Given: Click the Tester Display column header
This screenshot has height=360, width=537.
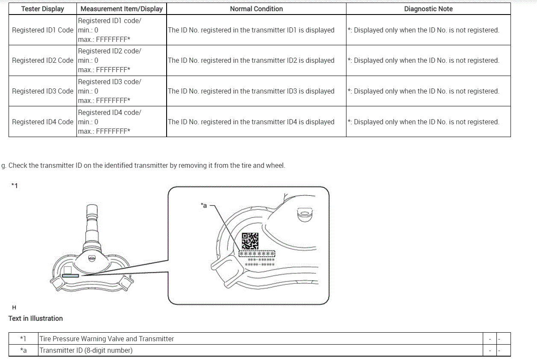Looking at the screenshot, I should (x=43, y=9).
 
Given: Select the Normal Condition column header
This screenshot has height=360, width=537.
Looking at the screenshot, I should (x=256, y=9).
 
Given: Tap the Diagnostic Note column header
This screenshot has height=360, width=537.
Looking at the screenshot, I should (x=428, y=9).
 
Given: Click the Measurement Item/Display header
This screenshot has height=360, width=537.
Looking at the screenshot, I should (x=122, y=9).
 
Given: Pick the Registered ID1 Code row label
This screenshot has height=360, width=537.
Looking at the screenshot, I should (x=43, y=30).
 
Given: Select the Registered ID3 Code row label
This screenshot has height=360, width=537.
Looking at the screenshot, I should (x=43, y=91).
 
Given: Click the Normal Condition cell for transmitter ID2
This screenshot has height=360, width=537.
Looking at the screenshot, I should (x=251, y=61).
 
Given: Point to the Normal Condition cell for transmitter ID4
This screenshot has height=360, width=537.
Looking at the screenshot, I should (x=251, y=122).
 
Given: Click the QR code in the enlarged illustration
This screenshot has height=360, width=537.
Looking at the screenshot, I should (x=250, y=241).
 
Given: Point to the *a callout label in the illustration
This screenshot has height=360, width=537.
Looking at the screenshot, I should (x=204, y=205).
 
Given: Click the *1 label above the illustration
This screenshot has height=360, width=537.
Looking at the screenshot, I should (x=15, y=185).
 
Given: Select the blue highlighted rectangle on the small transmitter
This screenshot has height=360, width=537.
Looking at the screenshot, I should (x=70, y=276).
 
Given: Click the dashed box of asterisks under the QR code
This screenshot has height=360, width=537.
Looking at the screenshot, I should (x=256, y=254).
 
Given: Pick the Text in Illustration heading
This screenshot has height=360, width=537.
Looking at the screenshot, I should (x=35, y=319).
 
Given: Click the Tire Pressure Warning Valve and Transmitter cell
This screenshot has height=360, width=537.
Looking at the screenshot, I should (x=107, y=339).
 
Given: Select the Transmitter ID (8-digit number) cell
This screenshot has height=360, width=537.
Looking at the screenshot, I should (x=86, y=351).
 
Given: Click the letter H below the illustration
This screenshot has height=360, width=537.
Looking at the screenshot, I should (x=15, y=307).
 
